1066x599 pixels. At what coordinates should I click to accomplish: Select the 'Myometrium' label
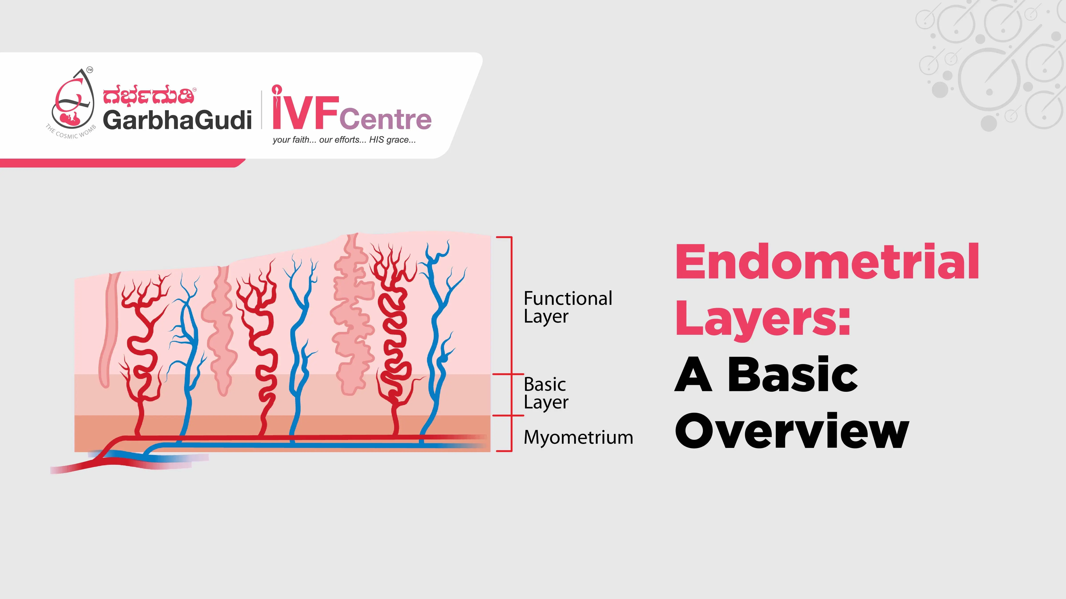(x=578, y=437)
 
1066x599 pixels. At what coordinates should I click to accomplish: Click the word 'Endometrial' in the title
(x=827, y=262)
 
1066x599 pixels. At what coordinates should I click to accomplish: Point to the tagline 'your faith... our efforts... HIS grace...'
(x=344, y=140)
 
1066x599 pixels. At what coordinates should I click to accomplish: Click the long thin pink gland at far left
(x=108, y=331)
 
